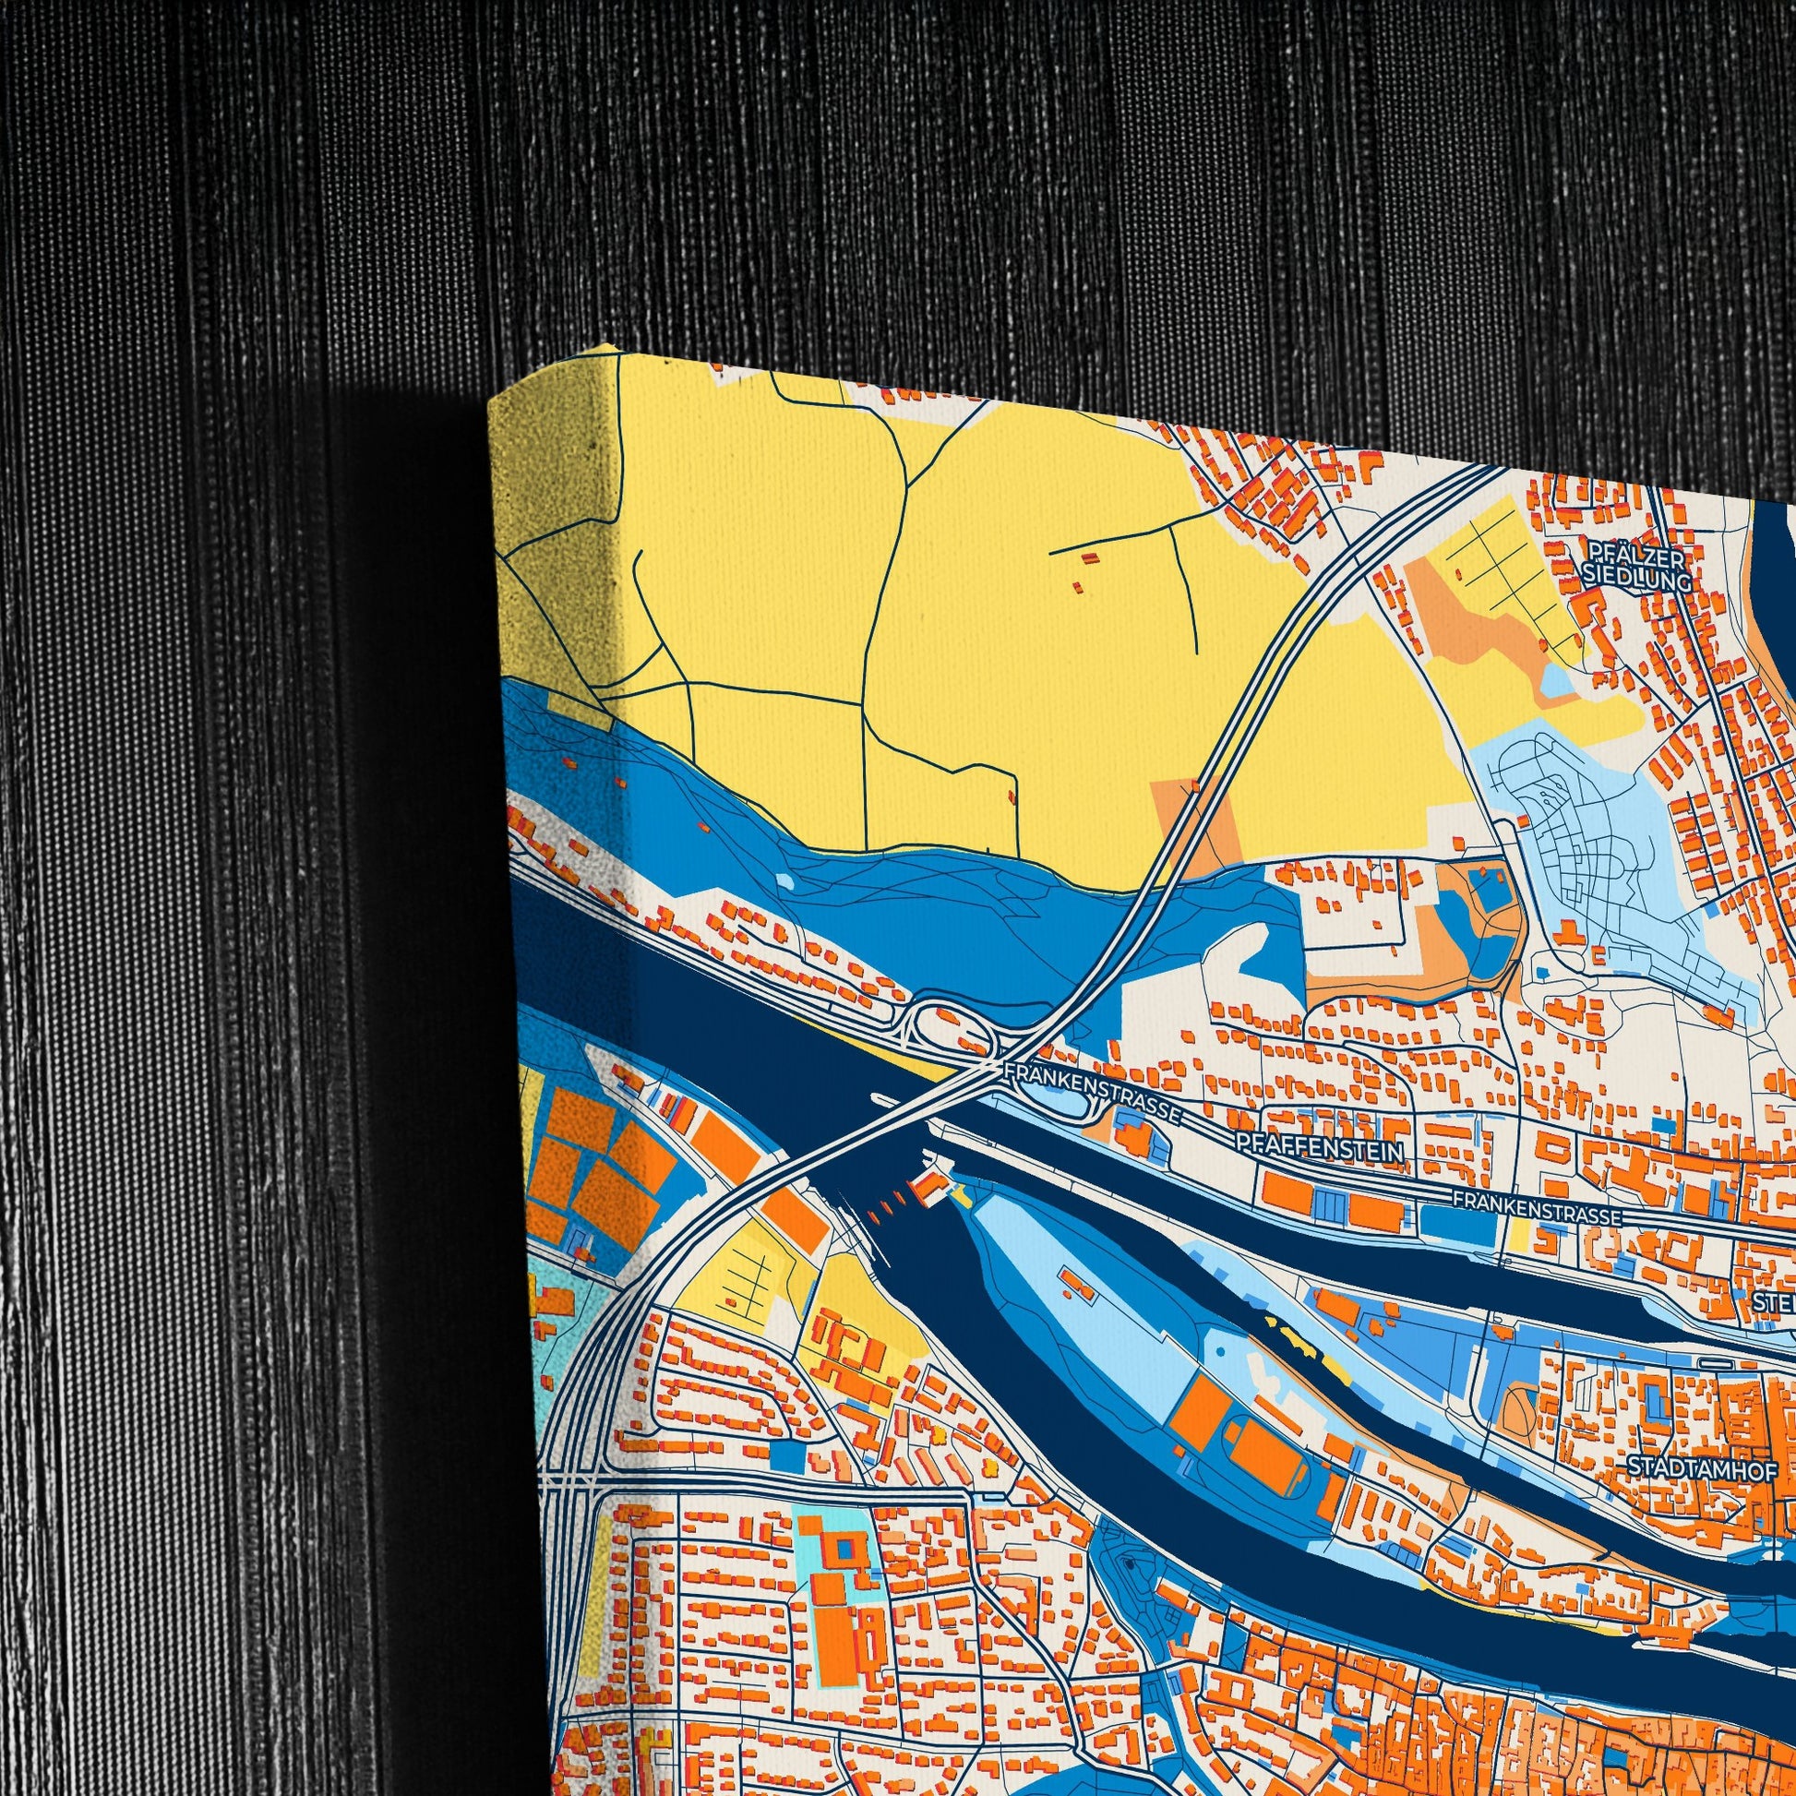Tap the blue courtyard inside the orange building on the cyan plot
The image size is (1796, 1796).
point(846,1548)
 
